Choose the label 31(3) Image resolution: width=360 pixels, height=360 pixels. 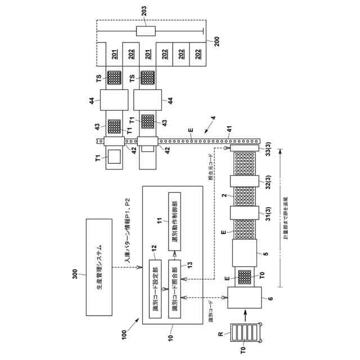click(x=269, y=216)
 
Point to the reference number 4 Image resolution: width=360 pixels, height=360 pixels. click(x=212, y=118)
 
